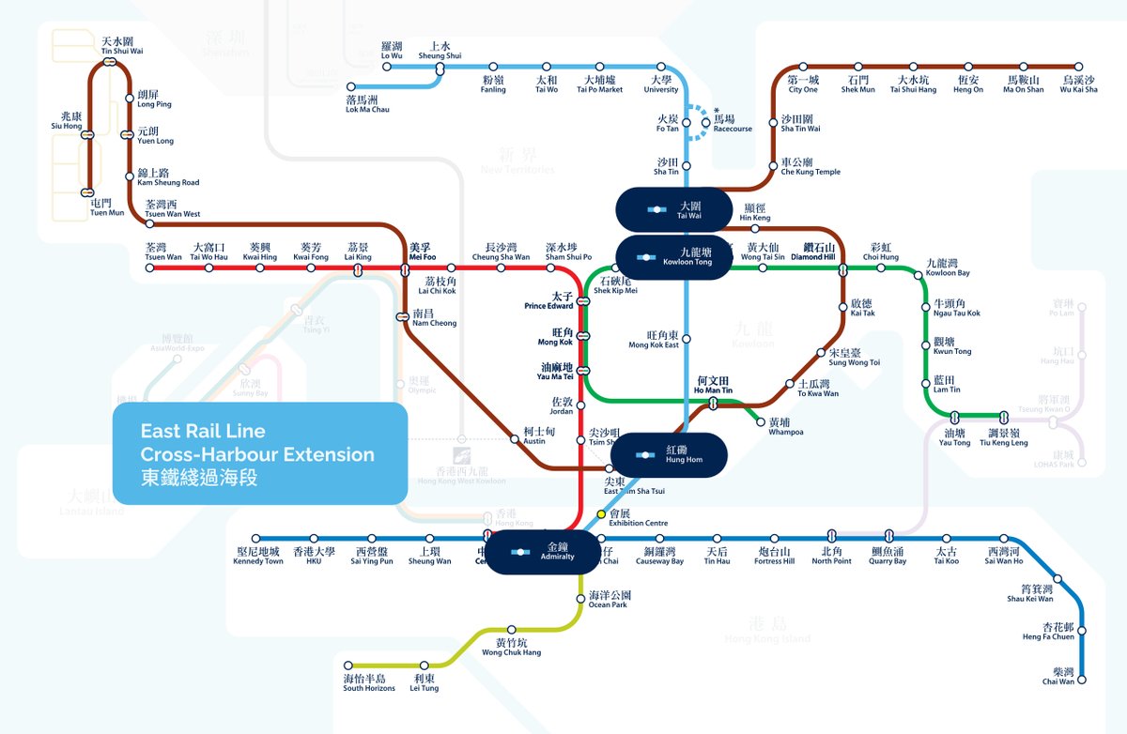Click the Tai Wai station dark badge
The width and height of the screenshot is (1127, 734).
pyautogui.click(x=672, y=209)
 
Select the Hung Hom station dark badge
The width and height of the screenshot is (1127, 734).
pyautogui.click(x=670, y=455)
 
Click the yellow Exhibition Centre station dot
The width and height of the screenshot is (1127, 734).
pyautogui.click(x=602, y=514)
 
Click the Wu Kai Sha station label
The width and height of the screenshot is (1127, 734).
pyautogui.click(x=1078, y=84)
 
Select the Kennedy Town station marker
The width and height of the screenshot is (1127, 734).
pyautogui.click(x=257, y=539)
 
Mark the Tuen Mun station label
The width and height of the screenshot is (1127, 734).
pyautogui.click(x=106, y=207)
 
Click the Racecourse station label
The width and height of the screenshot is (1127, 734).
pyautogui.click(x=733, y=124)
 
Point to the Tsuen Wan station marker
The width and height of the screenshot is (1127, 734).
pyautogui.click(x=149, y=268)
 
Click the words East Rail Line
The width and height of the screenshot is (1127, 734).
pyautogui.click(x=203, y=432)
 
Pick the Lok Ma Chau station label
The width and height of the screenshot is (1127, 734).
pyautogui.click(x=367, y=104)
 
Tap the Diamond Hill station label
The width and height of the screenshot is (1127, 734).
pyautogui.click(x=812, y=252)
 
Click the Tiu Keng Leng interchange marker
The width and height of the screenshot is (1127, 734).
pyautogui.click(x=1004, y=416)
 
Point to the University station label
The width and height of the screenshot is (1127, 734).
pyautogui.click(x=661, y=84)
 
